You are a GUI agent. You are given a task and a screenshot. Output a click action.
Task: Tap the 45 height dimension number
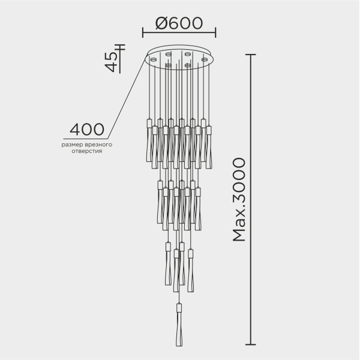(110, 61)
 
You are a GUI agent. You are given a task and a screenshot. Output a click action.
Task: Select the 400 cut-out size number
(87, 129)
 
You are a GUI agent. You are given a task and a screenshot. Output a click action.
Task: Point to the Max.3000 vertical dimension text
(238, 200)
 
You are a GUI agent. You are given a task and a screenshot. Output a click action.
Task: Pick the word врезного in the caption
(99, 145)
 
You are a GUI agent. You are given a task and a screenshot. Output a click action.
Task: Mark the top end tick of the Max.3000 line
(251, 55)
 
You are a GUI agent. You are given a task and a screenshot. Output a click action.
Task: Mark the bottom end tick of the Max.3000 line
(251, 346)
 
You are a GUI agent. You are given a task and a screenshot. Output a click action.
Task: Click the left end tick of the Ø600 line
(143, 32)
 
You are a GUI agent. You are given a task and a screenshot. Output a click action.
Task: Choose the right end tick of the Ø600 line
(215, 32)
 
